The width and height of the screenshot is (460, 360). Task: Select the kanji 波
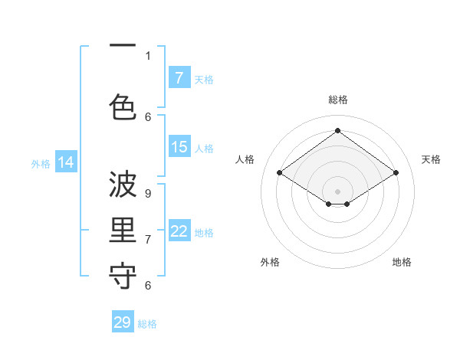tap(123, 185)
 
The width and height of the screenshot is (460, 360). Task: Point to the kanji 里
tap(123, 231)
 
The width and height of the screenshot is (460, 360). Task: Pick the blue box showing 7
tap(179, 77)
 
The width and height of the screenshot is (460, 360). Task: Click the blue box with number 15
tap(179, 147)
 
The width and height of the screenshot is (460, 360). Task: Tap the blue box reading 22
tap(179, 231)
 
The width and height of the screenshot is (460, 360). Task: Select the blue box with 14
tap(66, 162)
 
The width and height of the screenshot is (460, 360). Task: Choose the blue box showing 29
tap(123, 322)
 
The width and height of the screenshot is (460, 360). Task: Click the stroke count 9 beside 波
tap(148, 194)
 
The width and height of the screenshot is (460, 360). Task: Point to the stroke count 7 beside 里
tap(148, 239)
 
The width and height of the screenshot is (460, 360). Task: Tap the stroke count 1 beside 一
tap(148, 55)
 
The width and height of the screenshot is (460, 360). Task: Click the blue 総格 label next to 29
tap(147, 324)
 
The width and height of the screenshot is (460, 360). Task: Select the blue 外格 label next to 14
tap(41, 163)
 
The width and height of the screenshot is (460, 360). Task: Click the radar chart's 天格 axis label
tap(431, 159)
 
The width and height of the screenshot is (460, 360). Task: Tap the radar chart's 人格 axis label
tap(245, 159)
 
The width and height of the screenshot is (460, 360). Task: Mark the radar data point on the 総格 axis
tap(337, 131)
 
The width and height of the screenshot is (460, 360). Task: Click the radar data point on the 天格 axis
tap(396, 173)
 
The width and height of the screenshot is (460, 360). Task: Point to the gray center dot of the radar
tap(337, 191)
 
